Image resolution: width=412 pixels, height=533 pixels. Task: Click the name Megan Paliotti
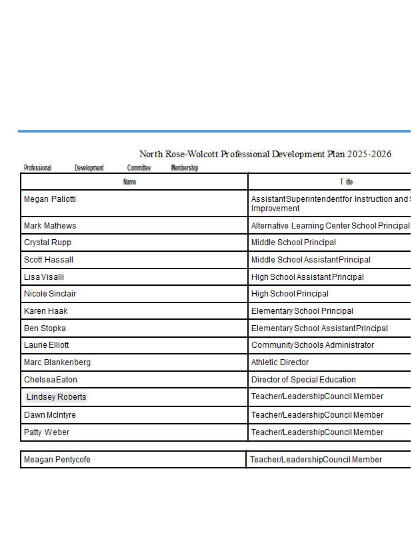(x=50, y=199)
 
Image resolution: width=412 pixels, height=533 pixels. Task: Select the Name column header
(x=130, y=182)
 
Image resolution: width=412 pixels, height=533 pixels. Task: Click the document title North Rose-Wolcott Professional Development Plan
(x=265, y=155)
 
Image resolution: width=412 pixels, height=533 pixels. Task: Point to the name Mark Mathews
(x=50, y=226)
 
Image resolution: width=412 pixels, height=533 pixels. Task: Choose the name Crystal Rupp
(x=47, y=243)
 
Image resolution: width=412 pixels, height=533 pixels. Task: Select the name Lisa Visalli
(x=44, y=277)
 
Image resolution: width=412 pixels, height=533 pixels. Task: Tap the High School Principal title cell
(x=290, y=294)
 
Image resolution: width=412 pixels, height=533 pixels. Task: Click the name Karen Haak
(x=45, y=311)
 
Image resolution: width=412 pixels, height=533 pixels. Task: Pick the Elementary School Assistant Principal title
(x=319, y=328)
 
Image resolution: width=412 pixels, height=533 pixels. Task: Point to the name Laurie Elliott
(x=46, y=345)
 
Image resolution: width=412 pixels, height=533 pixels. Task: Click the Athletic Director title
(x=280, y=362)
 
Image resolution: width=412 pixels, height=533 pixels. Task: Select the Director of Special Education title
(x=303, y=380)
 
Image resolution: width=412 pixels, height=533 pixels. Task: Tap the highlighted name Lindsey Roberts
(x=57, y=397)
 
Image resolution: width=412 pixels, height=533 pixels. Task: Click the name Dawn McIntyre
(x=50, y=415)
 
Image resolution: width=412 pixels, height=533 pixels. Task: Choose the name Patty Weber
(x=47, y=432)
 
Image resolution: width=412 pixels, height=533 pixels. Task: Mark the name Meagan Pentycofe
(x=57, y=460)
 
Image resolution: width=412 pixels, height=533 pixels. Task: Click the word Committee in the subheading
(x=139, y=168)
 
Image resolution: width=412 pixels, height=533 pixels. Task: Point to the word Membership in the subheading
(x=185, y=168)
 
